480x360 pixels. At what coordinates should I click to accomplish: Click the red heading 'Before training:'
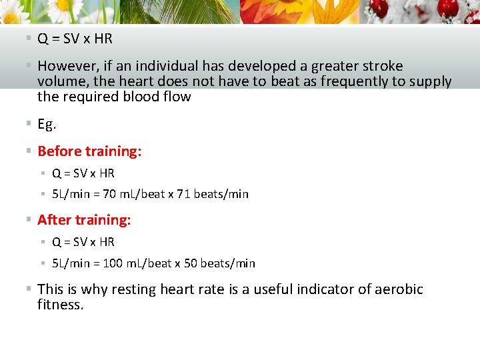click(89, 151)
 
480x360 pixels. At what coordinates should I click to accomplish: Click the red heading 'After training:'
click(84, 220)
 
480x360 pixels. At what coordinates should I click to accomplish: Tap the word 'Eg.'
click(47, 124)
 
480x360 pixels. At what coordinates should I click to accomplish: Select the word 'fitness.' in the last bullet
click(61, 305)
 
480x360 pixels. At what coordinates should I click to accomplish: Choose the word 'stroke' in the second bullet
click(379, 66)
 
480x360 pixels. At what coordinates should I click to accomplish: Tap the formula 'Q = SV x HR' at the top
click(75, 39)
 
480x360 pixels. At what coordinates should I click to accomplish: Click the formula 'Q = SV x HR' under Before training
click(83, 173)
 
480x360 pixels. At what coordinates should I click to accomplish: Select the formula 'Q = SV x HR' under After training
click(83, 242)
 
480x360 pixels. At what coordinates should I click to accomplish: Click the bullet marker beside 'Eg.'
click(29, 124)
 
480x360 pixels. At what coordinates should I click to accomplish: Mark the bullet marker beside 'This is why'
click(29, 289)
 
